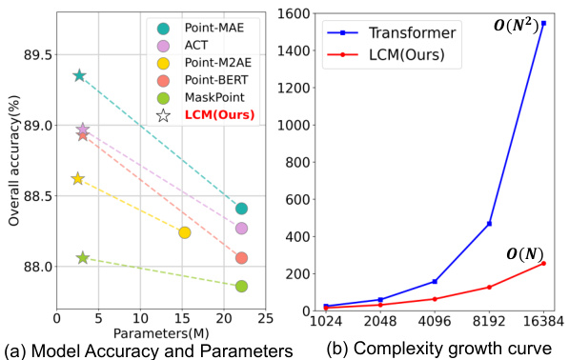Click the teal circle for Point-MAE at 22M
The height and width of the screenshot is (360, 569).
tap(241, 209)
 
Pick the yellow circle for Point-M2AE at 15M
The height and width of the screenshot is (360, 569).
tap(185, 232)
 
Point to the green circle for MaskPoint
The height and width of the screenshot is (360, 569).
tap(241, 286)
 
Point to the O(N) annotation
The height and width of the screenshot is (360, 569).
tap(525, 252)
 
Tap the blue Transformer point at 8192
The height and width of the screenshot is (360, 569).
tap(489, 224)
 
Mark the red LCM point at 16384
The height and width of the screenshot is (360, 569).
tap(543, 263)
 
